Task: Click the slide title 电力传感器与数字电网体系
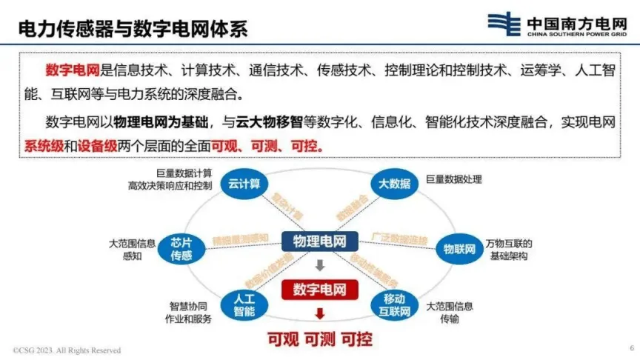[x=133, y=28]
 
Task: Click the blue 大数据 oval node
[x=394, y=183]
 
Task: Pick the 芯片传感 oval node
[x=181, y=249]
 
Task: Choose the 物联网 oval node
[x=459, y=249]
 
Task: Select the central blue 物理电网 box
[x=319, y=241]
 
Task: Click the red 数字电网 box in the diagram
[x=319, y=289]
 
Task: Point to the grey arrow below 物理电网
[x=319, y=265]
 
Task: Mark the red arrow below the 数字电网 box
[x=319, y=313]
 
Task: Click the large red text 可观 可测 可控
[x=319, y=339]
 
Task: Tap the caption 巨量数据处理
[x=454, y=179]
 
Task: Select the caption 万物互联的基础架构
[x=510, y=250]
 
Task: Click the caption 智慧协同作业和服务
[x=190, y=313]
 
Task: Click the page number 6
[x=631, y=347]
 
